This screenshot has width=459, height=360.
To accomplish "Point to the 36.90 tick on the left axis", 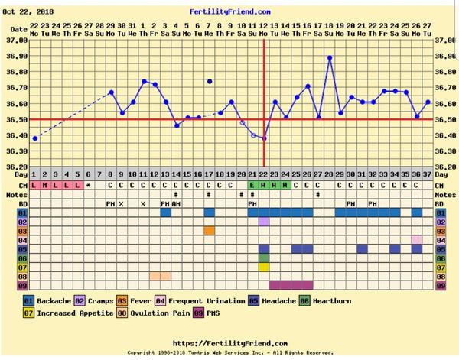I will point(16,57).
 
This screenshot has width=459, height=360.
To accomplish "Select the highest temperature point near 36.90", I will point(330,57).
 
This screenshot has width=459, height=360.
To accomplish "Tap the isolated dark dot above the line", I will point(210,81).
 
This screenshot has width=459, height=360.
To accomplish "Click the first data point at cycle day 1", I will point(34,138).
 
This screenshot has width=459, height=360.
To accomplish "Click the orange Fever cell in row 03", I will point(210,230).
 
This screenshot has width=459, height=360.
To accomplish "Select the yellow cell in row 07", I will point(264,267).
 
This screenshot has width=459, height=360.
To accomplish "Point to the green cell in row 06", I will point(264,258).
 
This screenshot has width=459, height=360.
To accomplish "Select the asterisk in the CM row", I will point(89,185).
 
